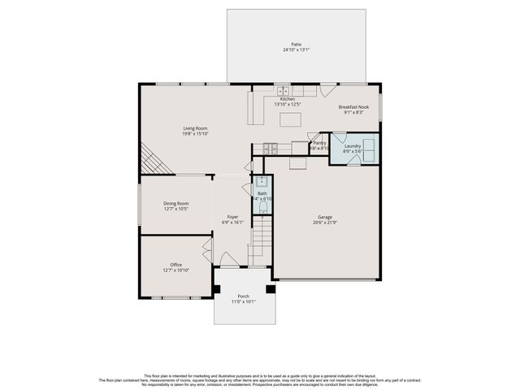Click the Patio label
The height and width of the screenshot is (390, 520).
(x=296, y=44)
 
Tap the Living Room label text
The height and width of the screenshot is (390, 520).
(x=195, y=128)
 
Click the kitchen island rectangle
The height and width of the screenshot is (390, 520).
(x=291, y=120)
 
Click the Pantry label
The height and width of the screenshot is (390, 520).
(x=319, y=143)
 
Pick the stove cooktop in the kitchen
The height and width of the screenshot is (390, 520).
(x=267, y=149)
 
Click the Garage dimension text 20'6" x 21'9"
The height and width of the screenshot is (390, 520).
(x=324, y=223)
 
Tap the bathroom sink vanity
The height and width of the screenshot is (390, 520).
(x=262, y=183)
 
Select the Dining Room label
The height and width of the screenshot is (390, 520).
(x=176, y=203)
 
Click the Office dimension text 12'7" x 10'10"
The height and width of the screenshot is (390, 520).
(x=175, y=270)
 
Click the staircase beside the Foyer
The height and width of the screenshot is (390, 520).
(x=259, y=240)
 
